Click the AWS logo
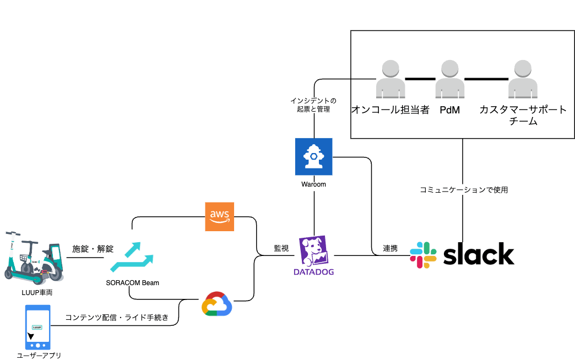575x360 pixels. (219, 217)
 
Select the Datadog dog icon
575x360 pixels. (313, 251)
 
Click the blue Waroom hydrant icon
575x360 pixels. (313, 157)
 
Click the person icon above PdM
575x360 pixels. (450, 80)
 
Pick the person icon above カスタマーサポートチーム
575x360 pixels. (523, 80)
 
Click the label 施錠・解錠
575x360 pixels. (93, 249)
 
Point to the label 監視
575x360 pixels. (281, 248)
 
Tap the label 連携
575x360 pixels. (390, 248)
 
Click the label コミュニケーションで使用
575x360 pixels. (463, 190)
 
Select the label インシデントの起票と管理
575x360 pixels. (313, 105)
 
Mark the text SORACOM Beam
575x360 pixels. (133, 283)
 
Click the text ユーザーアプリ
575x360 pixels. (39, 355)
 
